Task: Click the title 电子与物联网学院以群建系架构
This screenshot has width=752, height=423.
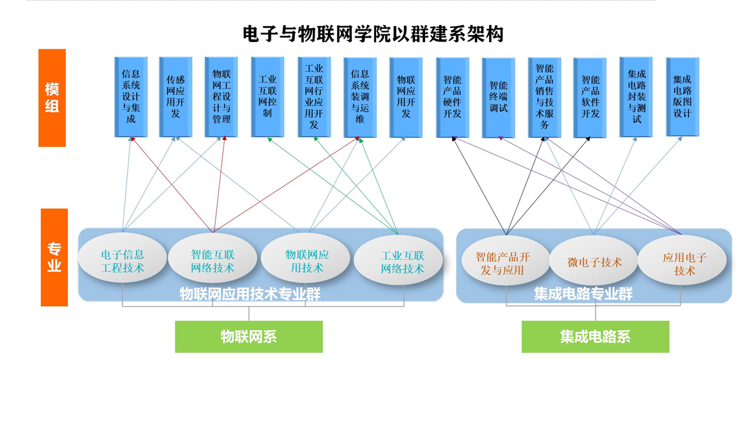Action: point(373,33)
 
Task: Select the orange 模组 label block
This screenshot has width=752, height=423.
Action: point(52,98)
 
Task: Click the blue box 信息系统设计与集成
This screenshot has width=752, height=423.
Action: point(131,97)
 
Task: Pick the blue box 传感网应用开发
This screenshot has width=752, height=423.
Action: point(176,97)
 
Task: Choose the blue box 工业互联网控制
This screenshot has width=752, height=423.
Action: point(267,97)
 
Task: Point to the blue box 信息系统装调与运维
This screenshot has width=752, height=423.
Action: point(359,97)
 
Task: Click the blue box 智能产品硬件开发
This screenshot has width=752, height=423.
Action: point(452,97)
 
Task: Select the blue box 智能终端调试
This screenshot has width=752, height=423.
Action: point(498,97)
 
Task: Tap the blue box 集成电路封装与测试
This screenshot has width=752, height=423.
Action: point(636,97)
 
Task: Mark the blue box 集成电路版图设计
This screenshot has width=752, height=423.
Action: point(682,97)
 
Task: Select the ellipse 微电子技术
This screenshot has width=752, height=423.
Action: point(594,262)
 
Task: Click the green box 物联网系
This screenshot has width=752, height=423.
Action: point(249,336)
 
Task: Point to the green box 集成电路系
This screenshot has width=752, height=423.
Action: point(595,336)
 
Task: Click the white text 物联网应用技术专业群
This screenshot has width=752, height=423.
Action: point(250,294)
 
